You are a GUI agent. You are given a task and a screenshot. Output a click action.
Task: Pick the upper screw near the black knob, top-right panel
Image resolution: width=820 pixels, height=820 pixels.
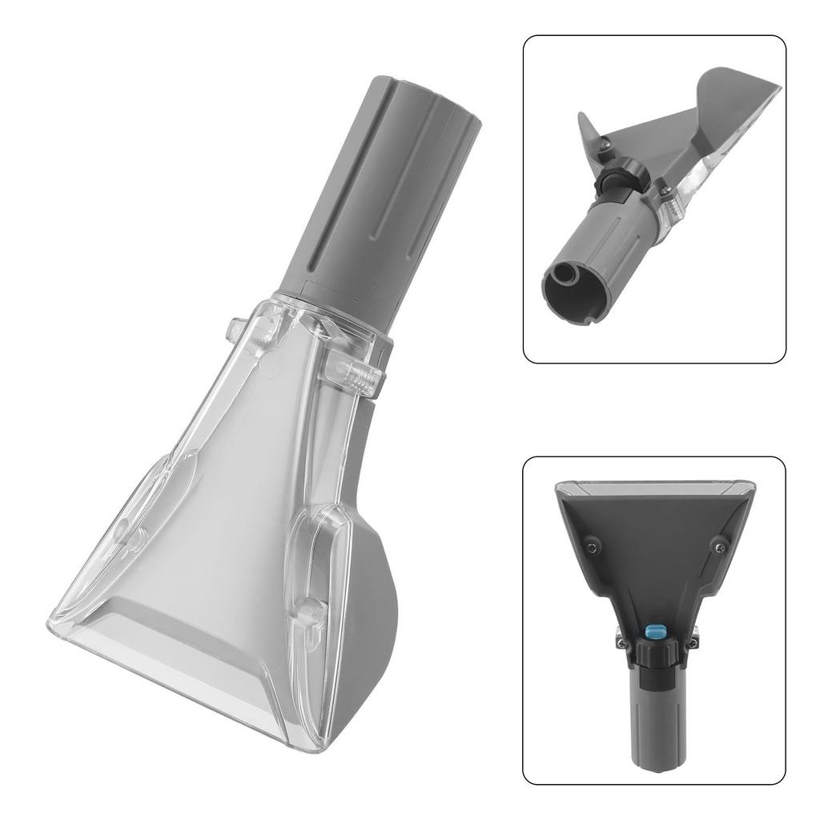pos(606,144)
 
